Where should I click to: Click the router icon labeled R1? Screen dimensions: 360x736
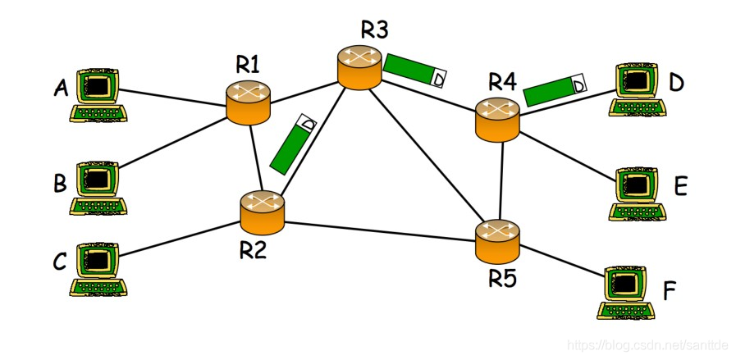[x=249, y=103]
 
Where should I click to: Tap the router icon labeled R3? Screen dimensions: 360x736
[x=359, y=67]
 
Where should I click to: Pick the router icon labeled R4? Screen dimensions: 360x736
[x=497, y=117]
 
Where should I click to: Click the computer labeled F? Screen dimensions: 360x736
[x=626, y=291]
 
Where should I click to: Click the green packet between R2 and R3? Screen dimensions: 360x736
[x=293, y=145]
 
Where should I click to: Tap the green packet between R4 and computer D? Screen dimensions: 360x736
[x=556, y=89]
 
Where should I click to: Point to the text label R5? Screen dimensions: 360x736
[x=503, y=278]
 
